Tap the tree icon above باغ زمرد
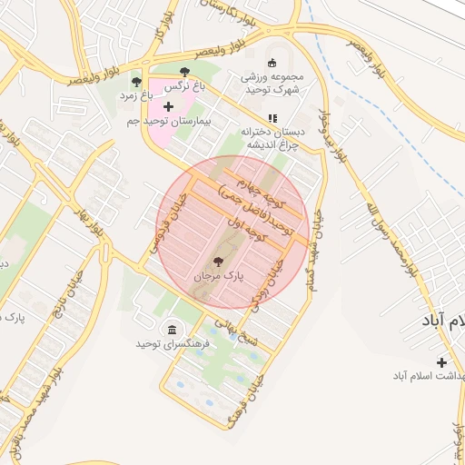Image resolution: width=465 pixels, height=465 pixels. coord(136,82)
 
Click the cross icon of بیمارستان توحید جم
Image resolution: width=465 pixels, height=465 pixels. coord(167,107)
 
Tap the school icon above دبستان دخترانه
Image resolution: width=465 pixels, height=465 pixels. coord(272,117)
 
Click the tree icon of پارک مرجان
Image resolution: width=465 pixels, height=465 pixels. coord(215,261)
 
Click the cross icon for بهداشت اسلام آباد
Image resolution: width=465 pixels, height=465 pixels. coord(441,362)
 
